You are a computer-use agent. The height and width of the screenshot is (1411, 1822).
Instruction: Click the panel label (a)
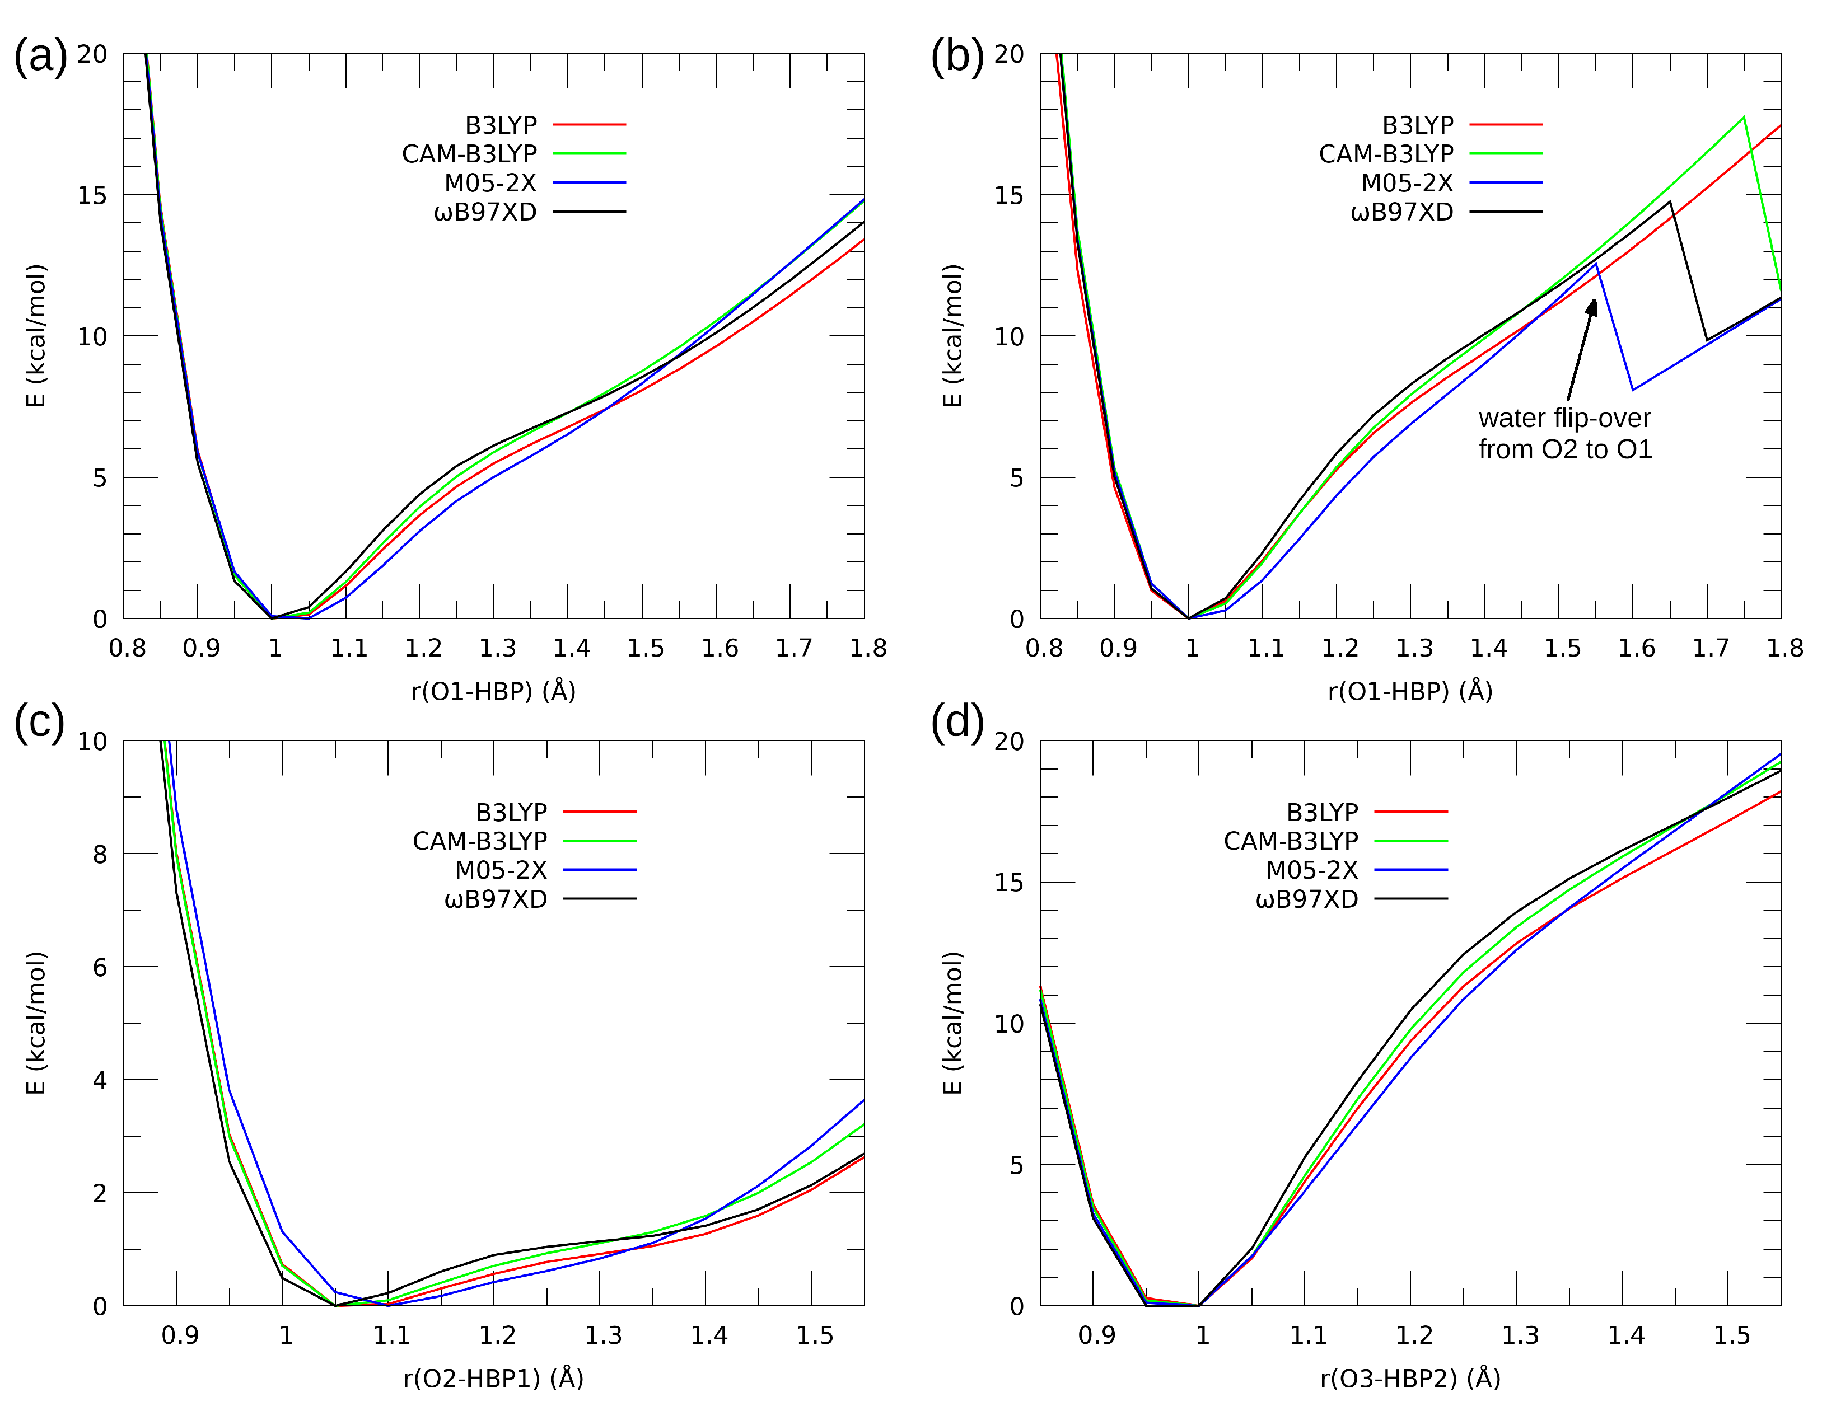coord(40,57)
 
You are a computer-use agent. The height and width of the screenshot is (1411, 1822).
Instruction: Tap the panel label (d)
coord(957,722)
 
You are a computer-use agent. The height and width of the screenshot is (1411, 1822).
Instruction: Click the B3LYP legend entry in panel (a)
coord(501,125)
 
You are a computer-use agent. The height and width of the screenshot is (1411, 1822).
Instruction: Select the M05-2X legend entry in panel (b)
coord(1407,182)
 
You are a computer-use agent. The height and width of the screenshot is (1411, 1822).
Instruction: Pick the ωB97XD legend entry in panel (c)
coord(496,899)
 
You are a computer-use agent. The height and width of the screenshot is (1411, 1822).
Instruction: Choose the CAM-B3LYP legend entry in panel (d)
coord(1291,841)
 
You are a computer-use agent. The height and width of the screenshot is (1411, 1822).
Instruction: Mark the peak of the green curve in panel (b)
coord(1744,117)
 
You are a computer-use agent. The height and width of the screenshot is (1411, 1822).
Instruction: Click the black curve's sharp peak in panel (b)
coord(1670,202)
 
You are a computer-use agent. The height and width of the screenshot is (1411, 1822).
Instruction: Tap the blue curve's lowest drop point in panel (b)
coord(1633,390)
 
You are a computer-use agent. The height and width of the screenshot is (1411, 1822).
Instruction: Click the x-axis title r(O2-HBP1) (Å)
coord(493,1379)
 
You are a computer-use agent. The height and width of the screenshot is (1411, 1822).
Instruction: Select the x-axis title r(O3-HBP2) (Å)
coord(1410,1379)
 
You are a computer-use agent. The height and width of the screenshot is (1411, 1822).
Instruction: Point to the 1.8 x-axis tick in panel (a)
coord(868,648)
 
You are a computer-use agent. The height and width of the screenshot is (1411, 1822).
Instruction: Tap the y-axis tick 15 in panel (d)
coord(1008,882)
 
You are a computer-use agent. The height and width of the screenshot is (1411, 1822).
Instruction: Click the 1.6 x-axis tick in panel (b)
coord(1636,648)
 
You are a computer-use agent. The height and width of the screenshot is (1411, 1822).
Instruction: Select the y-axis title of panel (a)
coord(36,336)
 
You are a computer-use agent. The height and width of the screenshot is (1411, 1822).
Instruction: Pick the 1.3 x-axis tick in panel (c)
coord(603,1335)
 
